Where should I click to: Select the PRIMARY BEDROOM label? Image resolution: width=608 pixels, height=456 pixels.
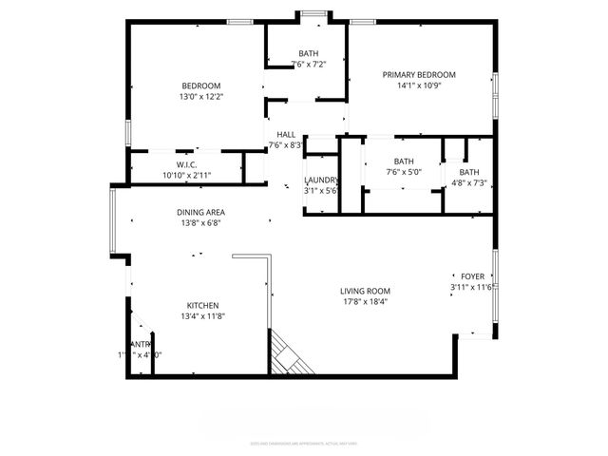(419, 75)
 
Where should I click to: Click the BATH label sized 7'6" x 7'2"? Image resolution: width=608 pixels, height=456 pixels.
(309, 53)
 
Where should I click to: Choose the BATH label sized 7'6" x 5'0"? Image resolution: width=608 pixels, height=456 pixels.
(404, 161)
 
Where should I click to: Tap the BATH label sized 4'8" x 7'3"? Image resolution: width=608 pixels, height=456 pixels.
(470, 172)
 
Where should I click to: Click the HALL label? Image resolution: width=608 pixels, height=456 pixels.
(287, 135)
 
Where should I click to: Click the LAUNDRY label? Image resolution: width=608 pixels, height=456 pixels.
(321, 180)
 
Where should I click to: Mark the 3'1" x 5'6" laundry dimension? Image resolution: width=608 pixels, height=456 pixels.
(321, 191)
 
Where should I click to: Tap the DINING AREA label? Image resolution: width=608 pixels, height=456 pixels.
(200, 213)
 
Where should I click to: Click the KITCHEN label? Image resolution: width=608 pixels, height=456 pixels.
(202, 306)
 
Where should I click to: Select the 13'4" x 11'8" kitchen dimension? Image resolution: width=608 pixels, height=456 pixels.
(202, 317)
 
